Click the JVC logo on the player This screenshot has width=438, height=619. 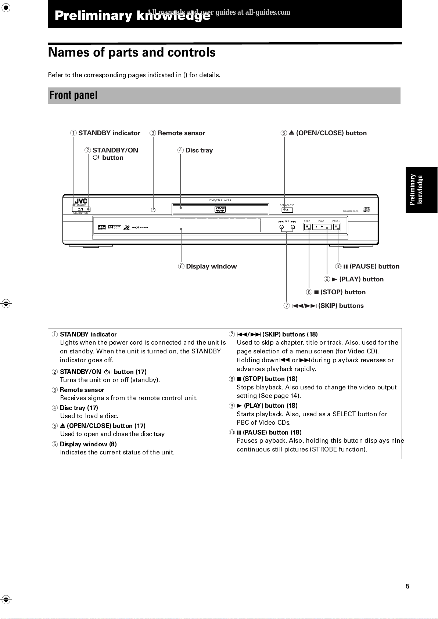point(81,201)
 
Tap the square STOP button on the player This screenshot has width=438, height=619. point(307,227)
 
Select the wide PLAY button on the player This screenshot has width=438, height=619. point(322,227)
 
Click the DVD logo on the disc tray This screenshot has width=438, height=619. point(220,209)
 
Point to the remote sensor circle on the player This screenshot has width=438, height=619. point(153,210)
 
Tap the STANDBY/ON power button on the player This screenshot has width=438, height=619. point(81,209)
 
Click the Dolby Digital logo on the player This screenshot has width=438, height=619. point(115,227)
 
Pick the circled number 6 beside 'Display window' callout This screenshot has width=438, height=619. point(181,266)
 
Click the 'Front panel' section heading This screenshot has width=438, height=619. point(73,96)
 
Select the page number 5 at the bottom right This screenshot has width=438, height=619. point(408,586)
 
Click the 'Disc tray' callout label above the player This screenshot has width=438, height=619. point(199,150)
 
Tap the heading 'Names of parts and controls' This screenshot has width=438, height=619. point(132,53)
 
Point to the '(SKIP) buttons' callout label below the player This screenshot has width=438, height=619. point(341,306)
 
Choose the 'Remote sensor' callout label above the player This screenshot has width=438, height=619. point(181,133)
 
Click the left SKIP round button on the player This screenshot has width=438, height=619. point(281,227)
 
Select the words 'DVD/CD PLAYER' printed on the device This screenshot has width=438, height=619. point(220,201)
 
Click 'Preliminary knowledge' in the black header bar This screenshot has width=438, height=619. point(132,15)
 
